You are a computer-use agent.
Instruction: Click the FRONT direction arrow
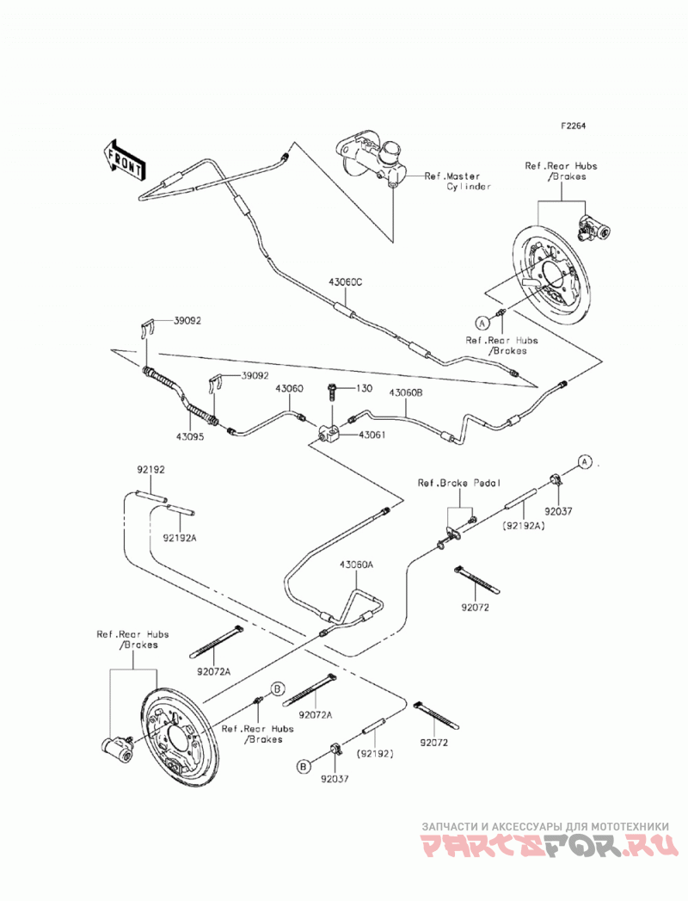coord(123,160)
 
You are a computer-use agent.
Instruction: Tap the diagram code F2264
coord(573,126)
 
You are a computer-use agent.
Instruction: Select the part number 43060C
coord(346,282)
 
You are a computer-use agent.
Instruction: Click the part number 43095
coord(190,436)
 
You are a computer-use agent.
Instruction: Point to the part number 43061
coord(372,435)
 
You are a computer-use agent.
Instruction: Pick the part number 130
coord(365,388)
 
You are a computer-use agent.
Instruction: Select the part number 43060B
coord(406,393)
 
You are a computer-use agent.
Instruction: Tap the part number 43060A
coord(356,565)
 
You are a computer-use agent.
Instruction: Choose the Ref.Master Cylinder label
coord(458,182)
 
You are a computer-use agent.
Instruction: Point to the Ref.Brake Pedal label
coord(459,484)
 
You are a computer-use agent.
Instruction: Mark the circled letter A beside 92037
coord(584,461)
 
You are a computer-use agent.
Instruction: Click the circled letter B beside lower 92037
coord(304,766)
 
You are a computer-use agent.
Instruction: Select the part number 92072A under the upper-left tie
coord(213,670)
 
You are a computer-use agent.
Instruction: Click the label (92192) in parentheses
coord(376,753)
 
